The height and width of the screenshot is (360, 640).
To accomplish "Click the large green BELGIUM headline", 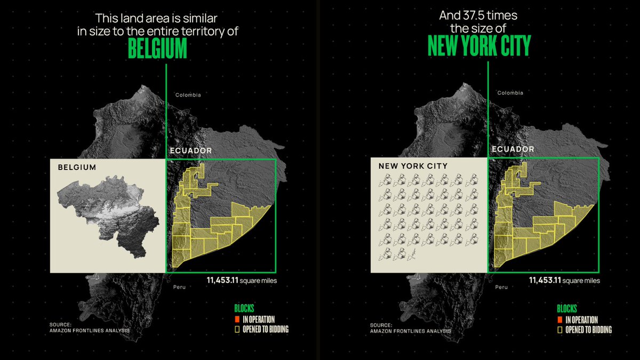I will pyautogui.click(x=157, y=49).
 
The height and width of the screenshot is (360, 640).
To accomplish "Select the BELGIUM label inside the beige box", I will pyautogui.click(x=77, y=167).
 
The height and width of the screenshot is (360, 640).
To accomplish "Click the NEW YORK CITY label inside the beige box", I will pyautogui.click(x=413, y=166).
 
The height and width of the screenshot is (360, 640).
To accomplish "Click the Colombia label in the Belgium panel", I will pyautogui.click(x=188, y=95).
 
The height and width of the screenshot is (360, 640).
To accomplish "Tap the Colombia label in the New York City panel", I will pyautogui.click(x=510, y=93).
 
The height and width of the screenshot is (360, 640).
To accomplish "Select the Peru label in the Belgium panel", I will pyautogui.click(x=180, y=288).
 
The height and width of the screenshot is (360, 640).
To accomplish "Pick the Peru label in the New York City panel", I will pyautogui.click(x=501, y=287).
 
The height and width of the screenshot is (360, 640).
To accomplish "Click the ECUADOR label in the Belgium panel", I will pyautogui.click(x=190, y=151).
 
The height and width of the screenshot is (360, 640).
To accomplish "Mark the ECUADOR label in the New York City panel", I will pyautogui.click(x=513, y=149).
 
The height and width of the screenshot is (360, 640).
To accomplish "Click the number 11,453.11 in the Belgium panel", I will pyautogui.click(x=222, y=279).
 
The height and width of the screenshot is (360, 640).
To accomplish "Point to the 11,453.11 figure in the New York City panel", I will pyautogui.click(x=545, y=280).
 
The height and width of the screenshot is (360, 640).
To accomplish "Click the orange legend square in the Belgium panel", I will pyautogui.click(x=237, y=319).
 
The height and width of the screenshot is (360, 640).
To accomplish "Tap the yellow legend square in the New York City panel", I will pyautogui.click(x=559, y=330).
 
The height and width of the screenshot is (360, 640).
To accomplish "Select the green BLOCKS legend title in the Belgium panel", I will pyautogui.click(x=244, y=309).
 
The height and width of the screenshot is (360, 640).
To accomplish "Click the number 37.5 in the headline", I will pyautogui.click(x=472, y=16).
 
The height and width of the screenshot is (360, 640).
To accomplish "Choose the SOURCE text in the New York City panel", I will pyautogui.click(x=380, y=325).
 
